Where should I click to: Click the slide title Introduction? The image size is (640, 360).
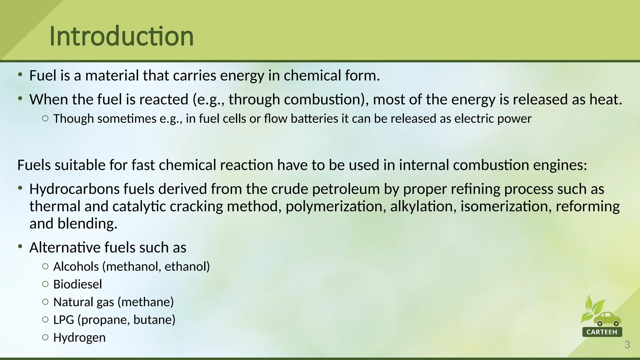tap(122, 36)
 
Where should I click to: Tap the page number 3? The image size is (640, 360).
tap(627, 345)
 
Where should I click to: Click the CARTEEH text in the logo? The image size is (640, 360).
tap(602, 332)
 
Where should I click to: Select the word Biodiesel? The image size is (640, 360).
tap(77, 284)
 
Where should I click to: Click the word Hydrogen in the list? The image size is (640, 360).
tap(79, 337)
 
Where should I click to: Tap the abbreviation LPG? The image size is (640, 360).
tap(63, 320)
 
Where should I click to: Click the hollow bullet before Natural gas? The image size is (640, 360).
tap(45, 302)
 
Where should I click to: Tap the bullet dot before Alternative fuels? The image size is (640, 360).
tap(20, 247)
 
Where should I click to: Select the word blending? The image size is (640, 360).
tap(87, 224)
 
